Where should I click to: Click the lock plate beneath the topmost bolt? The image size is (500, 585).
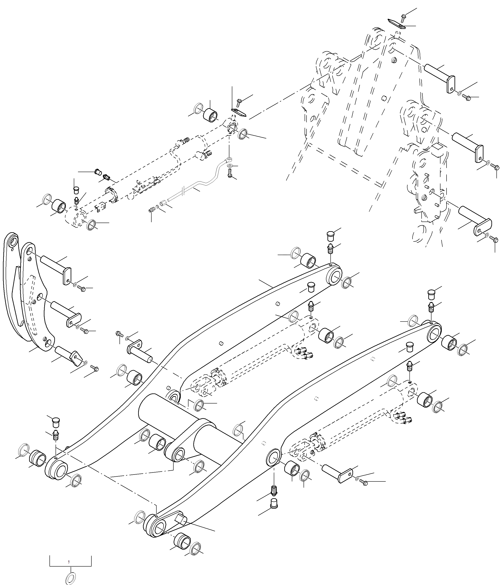pos(396,24)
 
